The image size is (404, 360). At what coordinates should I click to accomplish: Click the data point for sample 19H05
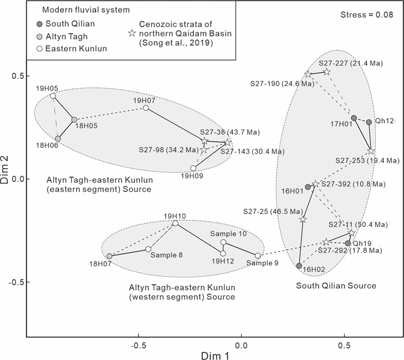coord(53,96)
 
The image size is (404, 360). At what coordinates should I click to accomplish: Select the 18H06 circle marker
coord(58,139)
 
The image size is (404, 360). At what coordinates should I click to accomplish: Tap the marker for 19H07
coord(146,108)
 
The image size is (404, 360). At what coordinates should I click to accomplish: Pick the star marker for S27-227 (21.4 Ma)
coord(327,72)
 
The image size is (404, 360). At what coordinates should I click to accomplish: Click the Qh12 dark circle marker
coord(369,123)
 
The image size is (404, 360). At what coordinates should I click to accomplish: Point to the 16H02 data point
coord(299,266)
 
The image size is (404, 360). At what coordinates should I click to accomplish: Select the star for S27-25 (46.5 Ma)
coord(303,220)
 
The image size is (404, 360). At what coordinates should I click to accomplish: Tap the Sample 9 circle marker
coord(257,256)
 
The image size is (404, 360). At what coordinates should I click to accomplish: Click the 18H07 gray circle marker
coord(110,256)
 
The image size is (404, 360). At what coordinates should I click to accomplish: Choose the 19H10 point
coord(175,223)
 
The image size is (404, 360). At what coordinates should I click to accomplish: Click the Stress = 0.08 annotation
coord(366,14)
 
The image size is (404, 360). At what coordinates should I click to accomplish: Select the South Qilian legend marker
coord(39,24)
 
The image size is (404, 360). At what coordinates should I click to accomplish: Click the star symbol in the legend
coord(132,34)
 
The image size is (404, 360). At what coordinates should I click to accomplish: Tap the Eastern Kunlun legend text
coord(76,49)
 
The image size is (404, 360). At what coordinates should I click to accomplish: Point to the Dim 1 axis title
coord(215,355)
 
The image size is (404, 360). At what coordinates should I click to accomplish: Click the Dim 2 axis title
coord(5,170)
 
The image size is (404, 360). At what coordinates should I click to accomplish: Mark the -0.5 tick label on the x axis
coord(139,345)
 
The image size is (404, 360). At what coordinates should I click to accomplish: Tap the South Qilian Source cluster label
coord(336,285)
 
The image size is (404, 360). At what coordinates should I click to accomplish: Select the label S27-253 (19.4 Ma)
coord(368,161)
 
